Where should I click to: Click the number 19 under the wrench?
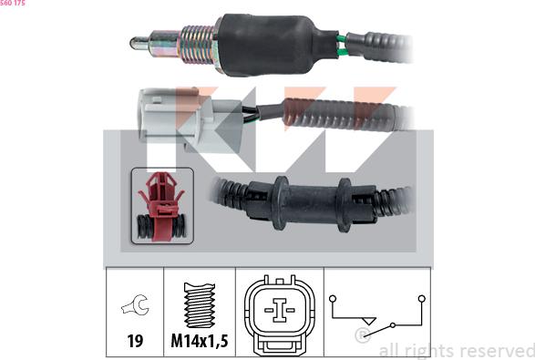tap(134, 341)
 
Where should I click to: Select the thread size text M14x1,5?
tap(200, 342)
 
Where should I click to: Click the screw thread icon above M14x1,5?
tap(200, 304)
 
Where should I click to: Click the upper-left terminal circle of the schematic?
tap(334, 297)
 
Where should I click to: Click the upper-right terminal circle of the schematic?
tap(421, 297)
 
